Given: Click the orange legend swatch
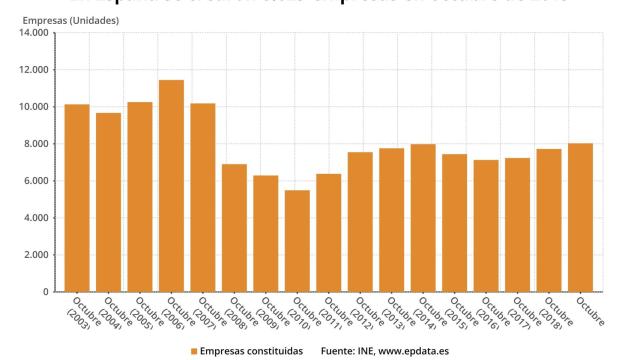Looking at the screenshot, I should click(193, 351).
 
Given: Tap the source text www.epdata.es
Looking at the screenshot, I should click(416, 351).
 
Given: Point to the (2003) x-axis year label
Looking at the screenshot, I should click(80, 322).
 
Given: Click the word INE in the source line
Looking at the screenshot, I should click(368, 351).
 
